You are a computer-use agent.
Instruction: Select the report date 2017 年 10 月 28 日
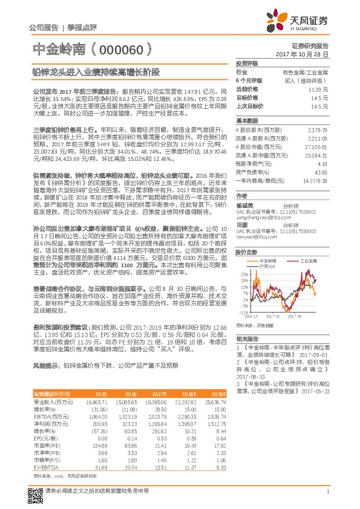click(306, 54)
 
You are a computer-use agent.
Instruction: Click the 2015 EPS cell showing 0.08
click(102, 436)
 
